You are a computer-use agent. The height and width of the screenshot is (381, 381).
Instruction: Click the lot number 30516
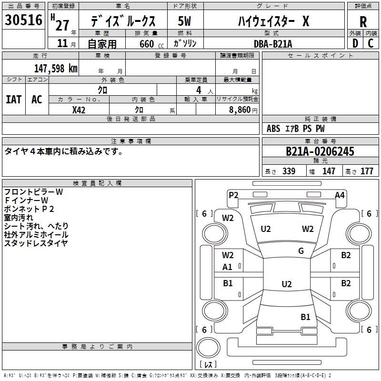pyautogui.click(x=23, y=20)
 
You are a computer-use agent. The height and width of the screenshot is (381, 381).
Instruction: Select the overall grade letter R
pyautogui.click(x=363, y=22)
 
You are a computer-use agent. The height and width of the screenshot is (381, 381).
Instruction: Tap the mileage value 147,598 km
pyautogui.click(x=56, y=69)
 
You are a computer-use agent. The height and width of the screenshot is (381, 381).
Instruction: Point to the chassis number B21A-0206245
pyautogui.click(x=320, y=151)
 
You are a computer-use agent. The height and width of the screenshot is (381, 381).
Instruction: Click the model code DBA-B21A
pyautogui.click(x=273, y=44)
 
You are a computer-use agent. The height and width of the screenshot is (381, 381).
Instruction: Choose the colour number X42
pyautogui.click(x=79, y=110)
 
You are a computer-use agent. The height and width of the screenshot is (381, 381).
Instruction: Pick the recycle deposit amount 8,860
pyautogui.click(x=240, y=110)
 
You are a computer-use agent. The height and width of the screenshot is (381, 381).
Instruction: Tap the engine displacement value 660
pyautogui.click(x=147, y=44)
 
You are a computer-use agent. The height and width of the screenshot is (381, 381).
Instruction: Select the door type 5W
pyautogui.click(x=184, y=21)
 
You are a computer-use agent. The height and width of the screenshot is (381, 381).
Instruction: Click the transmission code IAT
pyautogui.click(x=14, y=100)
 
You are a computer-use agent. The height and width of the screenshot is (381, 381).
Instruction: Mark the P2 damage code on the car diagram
pyautogui.click(x=233, y=195)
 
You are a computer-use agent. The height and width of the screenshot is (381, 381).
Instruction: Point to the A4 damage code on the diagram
pyautogui.click(x=340, y=195)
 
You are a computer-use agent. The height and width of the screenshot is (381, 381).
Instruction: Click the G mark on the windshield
pyautogui.click(x=301, y=251)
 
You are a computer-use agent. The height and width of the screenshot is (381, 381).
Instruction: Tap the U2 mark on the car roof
pyautogui.click(x=287, y=284)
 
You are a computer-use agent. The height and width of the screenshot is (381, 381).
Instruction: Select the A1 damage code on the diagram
pyautogui.click(x=227, y=267)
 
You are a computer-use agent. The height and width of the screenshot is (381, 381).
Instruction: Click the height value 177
pyautogui.click(x=367, y=171)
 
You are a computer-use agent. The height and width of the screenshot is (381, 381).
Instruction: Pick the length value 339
pyautogui.click(x=289, y=171)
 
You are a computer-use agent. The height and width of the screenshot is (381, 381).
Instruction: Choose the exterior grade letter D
pyautogui.click(x=355, y=43)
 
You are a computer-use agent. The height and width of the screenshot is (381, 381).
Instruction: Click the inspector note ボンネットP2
pyautogui.click(x=29, y=209)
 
